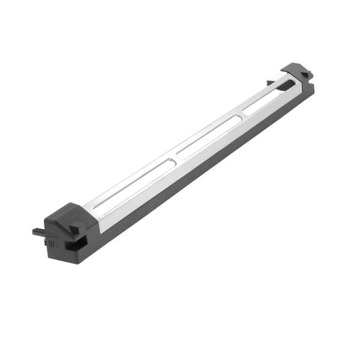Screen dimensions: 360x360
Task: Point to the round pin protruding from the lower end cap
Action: [38, 232]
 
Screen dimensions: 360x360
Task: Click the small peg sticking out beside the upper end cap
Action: [270, 83]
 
